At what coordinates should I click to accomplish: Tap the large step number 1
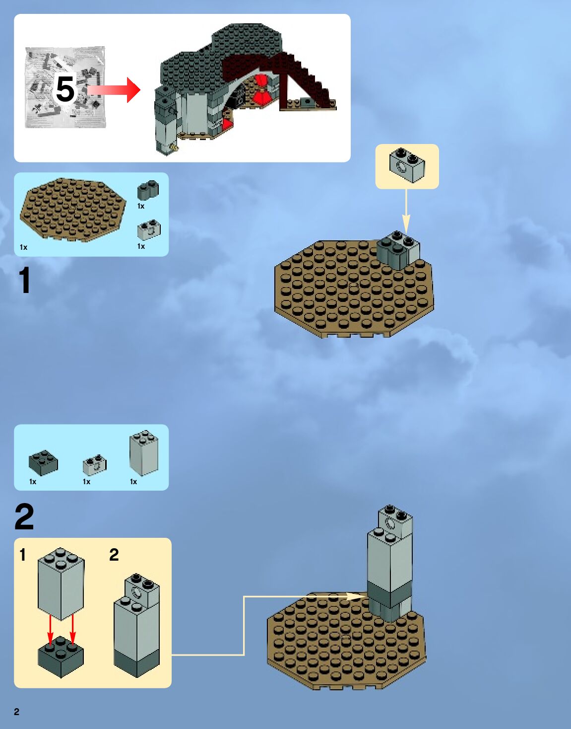24,280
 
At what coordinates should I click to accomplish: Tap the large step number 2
24,516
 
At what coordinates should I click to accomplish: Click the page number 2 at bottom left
17,712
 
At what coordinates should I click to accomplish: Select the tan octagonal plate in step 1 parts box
73,210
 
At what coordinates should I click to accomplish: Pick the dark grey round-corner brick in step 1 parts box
148,190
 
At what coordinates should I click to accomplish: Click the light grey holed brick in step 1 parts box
149,230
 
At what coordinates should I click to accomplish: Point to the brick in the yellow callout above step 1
407,165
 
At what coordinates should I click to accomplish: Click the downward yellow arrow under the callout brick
406,212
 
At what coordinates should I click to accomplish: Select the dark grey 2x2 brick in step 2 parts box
43,463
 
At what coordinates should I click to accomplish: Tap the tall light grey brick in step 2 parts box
144,452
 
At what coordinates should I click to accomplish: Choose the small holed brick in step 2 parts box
94,465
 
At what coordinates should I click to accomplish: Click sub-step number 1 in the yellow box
22,555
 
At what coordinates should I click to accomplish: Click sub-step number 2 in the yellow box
114,555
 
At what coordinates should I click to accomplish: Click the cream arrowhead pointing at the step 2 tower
357,596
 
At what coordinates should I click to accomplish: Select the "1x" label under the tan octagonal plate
23,248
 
